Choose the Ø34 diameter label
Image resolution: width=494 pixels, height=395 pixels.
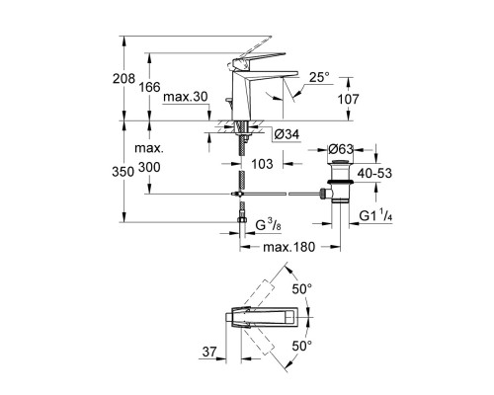point(288,132)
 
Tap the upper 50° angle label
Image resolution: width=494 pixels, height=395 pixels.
point(300,287)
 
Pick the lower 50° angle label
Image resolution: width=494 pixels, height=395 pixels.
point(300,346)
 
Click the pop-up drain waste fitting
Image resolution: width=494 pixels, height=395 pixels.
point(339,183)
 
